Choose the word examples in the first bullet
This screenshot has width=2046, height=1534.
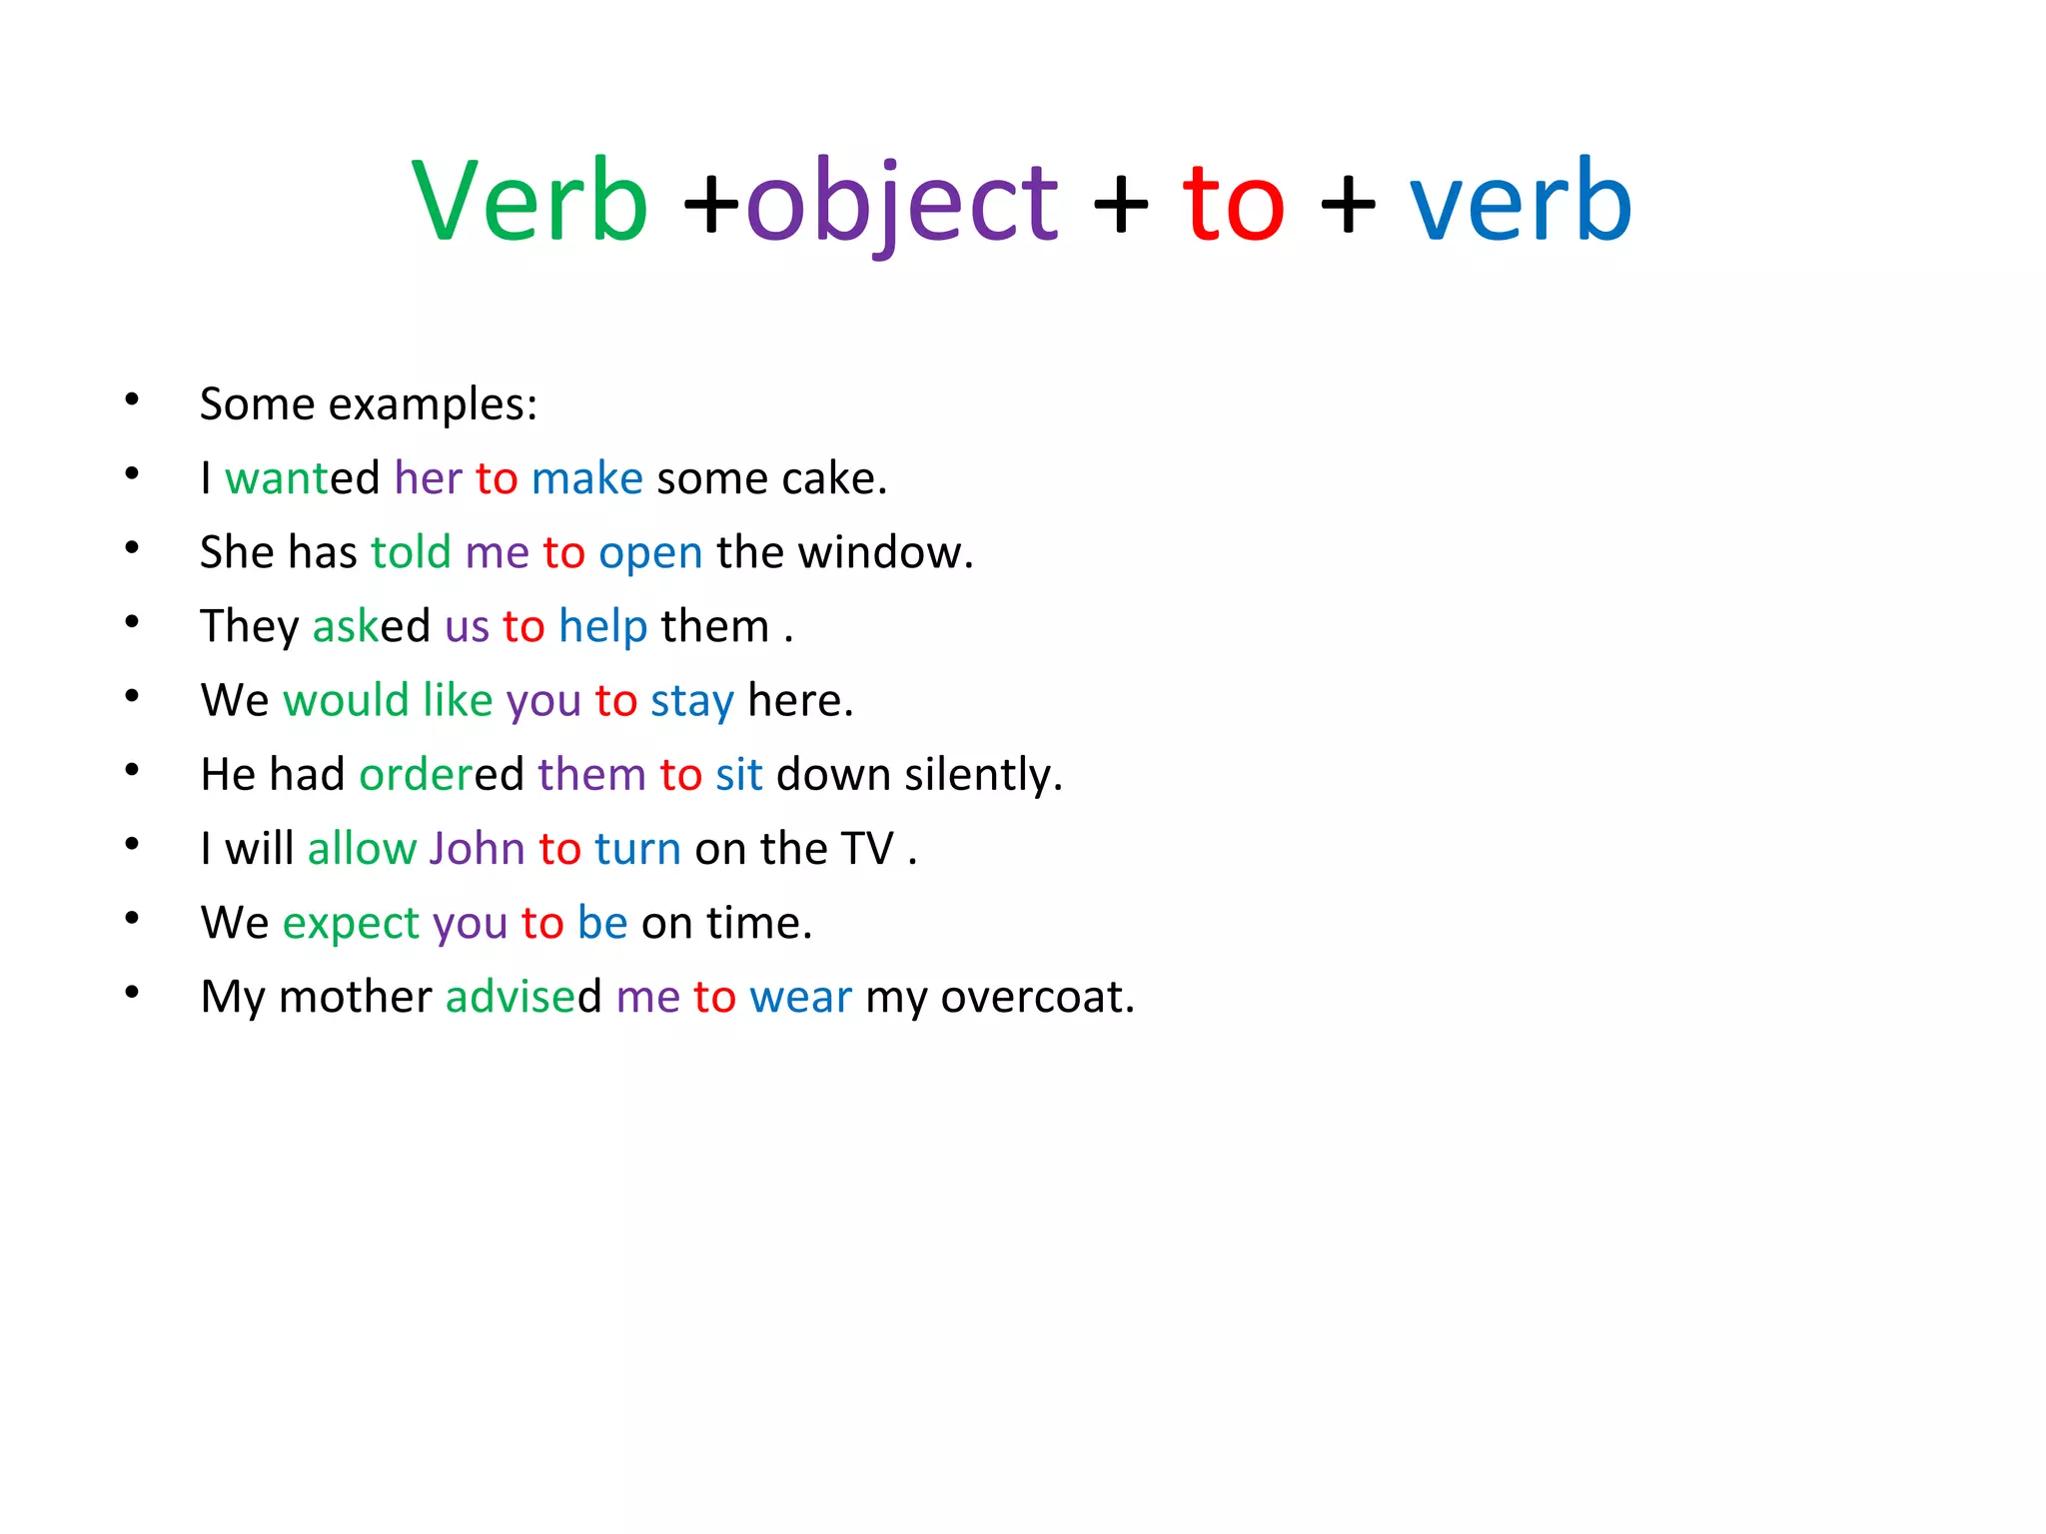433,404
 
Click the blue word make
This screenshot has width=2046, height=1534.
586,478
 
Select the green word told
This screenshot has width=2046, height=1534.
411,552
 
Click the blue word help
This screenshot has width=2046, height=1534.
602,627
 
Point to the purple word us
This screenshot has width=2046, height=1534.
467,627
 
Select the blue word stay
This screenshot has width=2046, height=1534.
691,701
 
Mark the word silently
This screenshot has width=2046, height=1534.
983,775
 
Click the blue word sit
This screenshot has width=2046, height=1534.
738,775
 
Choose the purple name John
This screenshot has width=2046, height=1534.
477,849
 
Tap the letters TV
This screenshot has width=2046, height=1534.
866,849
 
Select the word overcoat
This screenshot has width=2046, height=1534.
1037,997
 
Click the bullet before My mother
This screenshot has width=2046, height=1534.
132,993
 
